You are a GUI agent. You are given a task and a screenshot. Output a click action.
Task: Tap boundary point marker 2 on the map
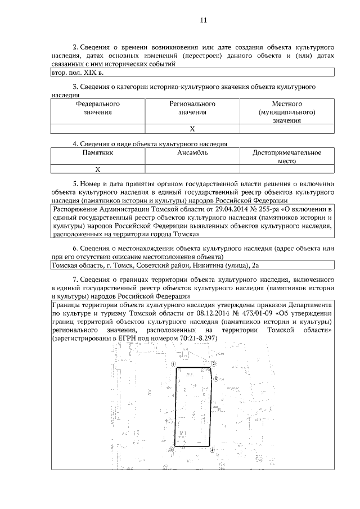[x=214, y=364]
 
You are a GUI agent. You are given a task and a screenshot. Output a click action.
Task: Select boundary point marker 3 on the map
[x=215, y=381]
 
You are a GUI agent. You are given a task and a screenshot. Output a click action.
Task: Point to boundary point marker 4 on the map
[x=212, y=449]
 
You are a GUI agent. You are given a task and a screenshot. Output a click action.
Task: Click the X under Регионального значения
[x=192, y=129]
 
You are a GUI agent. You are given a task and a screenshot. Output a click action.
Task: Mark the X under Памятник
[x=98, y=169]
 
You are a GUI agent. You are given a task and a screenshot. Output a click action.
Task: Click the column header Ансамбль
[x=192, y=152]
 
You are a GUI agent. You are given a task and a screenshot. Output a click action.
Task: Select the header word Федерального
[x=98, y=104]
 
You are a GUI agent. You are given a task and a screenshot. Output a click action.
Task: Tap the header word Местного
[x=287, y=104]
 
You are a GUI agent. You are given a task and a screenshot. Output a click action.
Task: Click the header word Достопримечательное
[x=287, y=152]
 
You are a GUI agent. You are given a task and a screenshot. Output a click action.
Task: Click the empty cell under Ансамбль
[x=192, y=169]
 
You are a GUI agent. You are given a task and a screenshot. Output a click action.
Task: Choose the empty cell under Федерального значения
[x=98, y=129]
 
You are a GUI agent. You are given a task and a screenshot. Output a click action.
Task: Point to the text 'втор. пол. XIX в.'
[x=77, y=72]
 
